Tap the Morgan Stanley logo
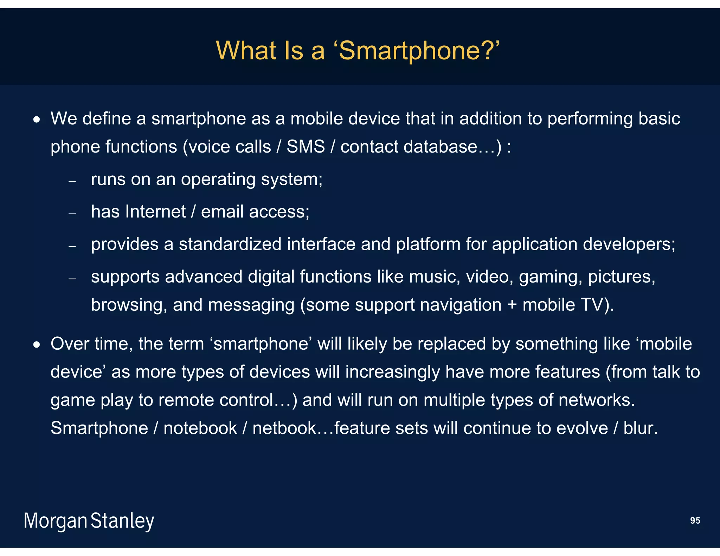click(x=89, y=521)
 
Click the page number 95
click(x=695, y=521)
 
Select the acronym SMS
click(x=306, y=147)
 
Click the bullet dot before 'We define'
click(x=37, y=120)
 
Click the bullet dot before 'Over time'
click(x=37, y=345)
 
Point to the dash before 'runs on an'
click(x=72, y=181)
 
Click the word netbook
click(x=284, y=428)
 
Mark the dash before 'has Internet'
click(x=72, y=214)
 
